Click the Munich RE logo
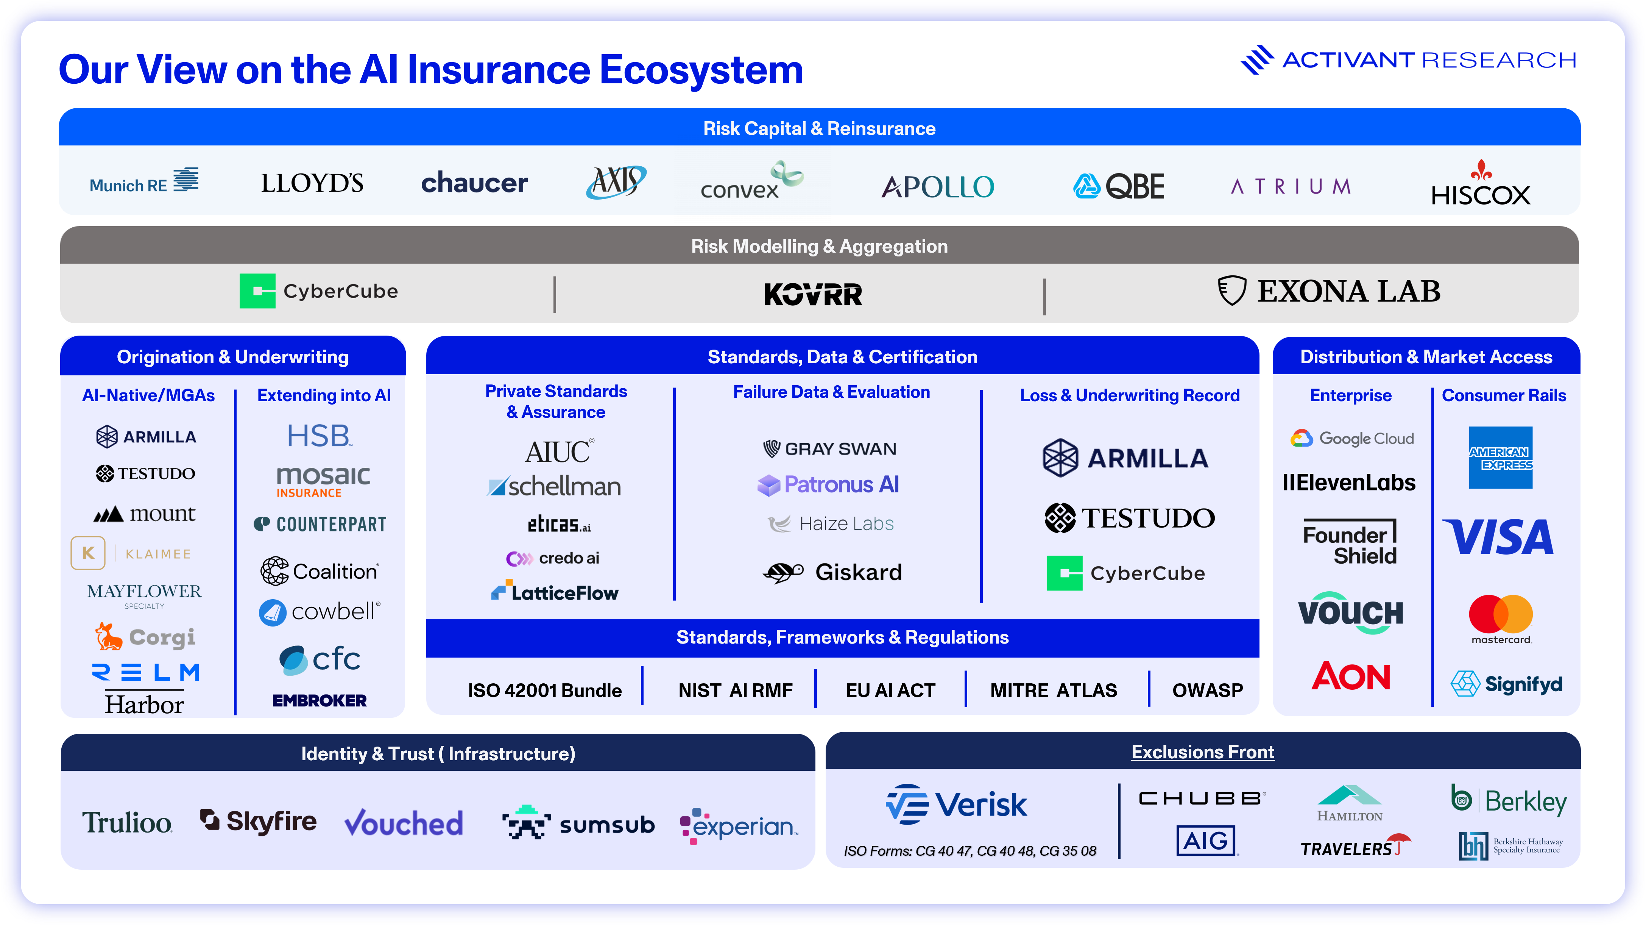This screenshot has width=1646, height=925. tap(144, 181)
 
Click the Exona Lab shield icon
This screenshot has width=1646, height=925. tap(1231, 291)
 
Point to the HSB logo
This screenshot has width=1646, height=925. tap(319, 436)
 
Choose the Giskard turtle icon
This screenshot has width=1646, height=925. tap(783, 572)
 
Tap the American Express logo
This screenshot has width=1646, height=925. tap(1500, 458)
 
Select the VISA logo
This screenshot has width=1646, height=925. tap(1498, 537)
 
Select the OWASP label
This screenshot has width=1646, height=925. tap(1207, 691)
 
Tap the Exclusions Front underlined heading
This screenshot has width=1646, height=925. tap(1203, 752)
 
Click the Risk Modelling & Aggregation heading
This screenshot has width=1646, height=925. tap(819, 246)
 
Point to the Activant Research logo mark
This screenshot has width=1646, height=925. tap(1256, 60)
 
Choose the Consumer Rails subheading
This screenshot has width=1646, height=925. tap(1504, 396)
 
